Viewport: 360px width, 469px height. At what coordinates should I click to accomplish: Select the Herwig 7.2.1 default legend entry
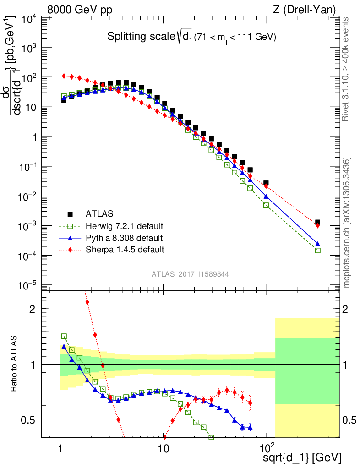coord(124,226)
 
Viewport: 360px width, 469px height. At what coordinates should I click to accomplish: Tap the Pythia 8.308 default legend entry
coord(124,238)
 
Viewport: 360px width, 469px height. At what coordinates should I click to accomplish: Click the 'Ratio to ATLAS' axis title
coord(15,365)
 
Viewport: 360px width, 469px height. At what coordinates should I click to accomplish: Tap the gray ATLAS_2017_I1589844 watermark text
coord(191,274)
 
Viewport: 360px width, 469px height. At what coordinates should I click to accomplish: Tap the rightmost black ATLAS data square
coord(317,222)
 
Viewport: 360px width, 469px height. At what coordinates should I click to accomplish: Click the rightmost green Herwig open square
coord(317,251)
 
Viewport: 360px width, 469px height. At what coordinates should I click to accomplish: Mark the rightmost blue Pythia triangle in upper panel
coord(317,244)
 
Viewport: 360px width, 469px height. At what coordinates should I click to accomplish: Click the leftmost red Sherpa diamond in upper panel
coord(64,76)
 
